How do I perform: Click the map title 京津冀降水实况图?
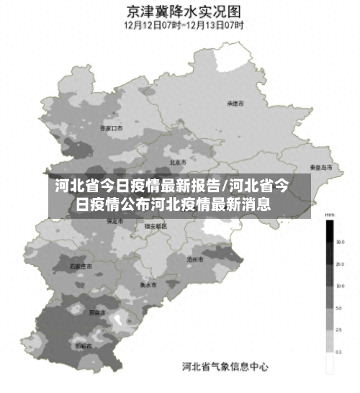pos(183,10)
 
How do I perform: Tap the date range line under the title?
pos(183,24)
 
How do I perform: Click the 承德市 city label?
pos(235,104)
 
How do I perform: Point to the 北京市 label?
pos(178,162)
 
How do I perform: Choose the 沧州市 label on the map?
pos(195,258)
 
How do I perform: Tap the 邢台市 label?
pos(96,313)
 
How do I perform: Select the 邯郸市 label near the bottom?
pos(84,346)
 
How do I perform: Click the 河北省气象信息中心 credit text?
pos(225,367)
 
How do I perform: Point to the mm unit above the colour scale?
pos(329,214)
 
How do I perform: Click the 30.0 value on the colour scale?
pos(339,243)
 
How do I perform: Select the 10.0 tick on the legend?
pos(339,286)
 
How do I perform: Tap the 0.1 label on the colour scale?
pos(339,351)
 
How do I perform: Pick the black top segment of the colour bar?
pos(329,231)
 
